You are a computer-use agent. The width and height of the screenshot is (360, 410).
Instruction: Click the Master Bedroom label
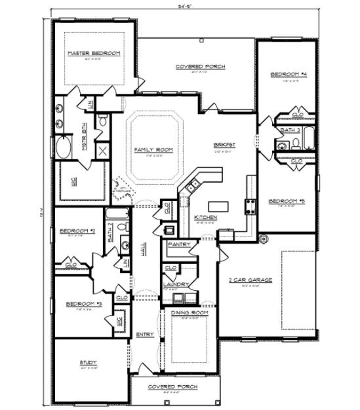click(94, 53)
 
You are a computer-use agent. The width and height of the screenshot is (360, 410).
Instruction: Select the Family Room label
click(153, 150)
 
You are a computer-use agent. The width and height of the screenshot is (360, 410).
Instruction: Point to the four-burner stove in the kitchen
click(250, 206)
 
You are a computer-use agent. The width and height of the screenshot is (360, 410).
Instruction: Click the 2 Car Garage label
click(250, 280)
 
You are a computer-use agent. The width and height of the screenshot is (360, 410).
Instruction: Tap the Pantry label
click(179, 244)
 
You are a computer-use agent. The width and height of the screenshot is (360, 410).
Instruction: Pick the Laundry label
click(177, 284)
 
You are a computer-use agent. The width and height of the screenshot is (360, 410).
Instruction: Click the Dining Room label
click(190, 313)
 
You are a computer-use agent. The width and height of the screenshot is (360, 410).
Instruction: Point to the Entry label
click(145, 335)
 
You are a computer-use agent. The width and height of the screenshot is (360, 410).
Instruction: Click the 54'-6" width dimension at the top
click(200, 5)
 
